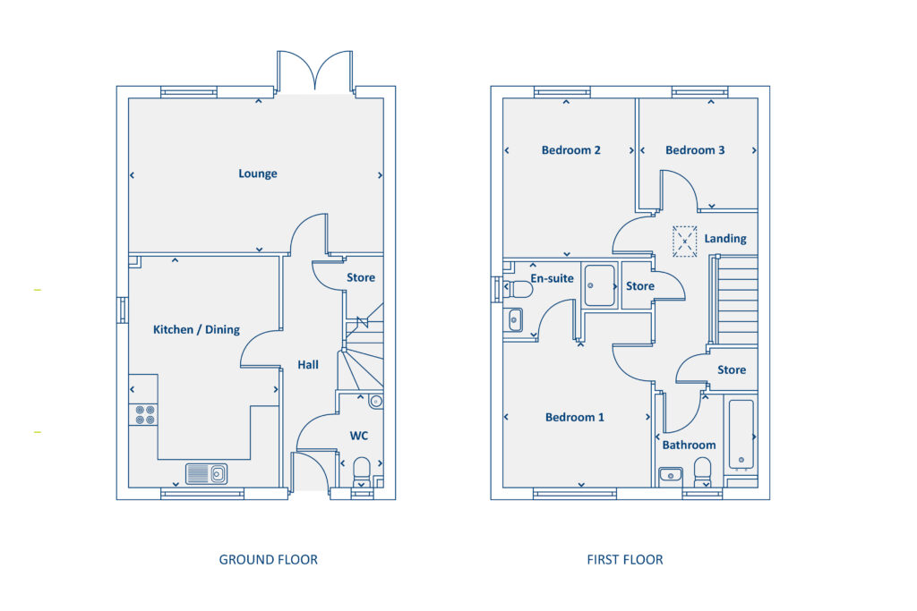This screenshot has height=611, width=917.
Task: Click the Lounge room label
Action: (257, 174)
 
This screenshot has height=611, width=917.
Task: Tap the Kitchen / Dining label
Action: (196, 329)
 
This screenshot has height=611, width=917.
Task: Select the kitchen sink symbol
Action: (206, 473)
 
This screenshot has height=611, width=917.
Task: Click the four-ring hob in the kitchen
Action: (143, 414)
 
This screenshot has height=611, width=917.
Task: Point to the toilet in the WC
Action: (362, 470)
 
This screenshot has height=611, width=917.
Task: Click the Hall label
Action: (308, 365)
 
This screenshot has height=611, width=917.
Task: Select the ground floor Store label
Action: (361, 277)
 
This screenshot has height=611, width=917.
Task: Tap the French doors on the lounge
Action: (313, 73)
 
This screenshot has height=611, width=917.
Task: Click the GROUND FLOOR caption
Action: (268, 560)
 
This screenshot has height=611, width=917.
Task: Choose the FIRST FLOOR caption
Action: (625, 560)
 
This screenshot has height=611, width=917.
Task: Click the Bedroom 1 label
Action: (575, 417)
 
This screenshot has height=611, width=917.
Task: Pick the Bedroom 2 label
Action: (570, 150)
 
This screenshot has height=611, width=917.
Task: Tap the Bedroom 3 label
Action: (695, 150)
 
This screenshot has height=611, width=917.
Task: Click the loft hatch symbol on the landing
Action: (685, 241)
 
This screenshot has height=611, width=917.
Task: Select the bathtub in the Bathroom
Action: (741, 434)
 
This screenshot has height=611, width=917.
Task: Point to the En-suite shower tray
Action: (598, 285)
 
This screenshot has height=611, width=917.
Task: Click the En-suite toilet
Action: (518, 290)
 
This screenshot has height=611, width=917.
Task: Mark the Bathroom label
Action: (689, 445)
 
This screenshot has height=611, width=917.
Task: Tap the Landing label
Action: (724, 239)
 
